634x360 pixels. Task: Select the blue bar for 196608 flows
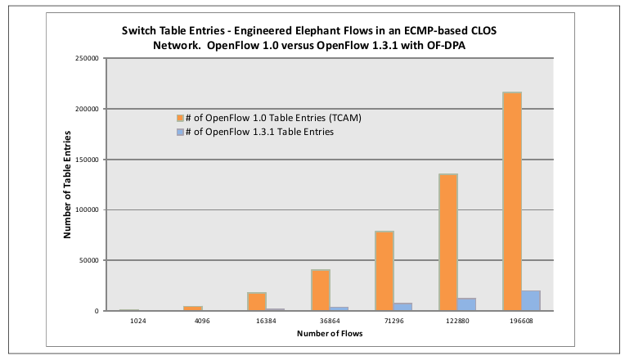click(531, 301)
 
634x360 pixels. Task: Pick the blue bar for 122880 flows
click(467, 304)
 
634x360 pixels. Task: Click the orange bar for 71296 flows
click(384, 271)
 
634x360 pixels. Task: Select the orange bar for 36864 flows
click(321, 290)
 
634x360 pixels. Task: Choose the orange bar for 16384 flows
click(257, 301)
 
